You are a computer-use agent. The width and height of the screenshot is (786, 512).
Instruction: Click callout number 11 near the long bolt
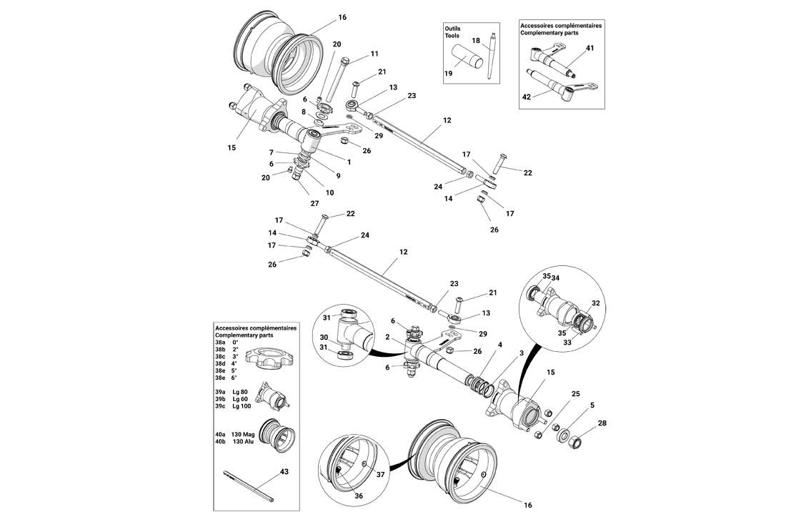pos(374,54)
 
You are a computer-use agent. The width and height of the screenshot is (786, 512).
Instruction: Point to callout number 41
pos(590,49)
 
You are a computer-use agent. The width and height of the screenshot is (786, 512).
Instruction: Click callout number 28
pos(602,424)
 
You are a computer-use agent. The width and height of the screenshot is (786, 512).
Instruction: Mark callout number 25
pos(575,394)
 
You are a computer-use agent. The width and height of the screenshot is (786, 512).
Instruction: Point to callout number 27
pos(314,203)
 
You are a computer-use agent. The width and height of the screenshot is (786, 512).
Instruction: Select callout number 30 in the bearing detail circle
pos(324,338)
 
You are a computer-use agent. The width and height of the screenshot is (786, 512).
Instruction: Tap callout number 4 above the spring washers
pos(500,345)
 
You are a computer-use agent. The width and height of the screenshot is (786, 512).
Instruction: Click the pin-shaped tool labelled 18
pos(492,56)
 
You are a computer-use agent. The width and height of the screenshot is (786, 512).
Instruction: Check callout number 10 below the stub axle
pos(330,192)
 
